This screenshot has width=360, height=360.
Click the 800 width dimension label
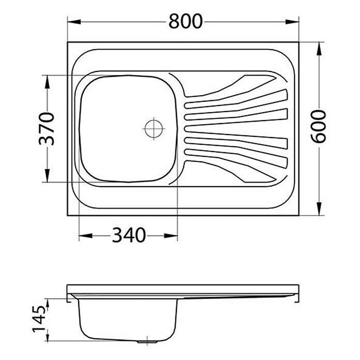coord(186,21)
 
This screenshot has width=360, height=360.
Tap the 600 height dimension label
coord(318,127)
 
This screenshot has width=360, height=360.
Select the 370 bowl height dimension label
coord(47,129)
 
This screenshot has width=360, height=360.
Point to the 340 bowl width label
coord(129,235)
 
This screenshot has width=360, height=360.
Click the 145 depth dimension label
coord(39,319)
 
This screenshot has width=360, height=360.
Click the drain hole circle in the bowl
coord(154,129)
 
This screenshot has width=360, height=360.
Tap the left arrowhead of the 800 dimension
coord(74,22)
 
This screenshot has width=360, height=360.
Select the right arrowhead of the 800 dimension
coord(292,22)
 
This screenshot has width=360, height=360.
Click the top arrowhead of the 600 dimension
coord(319,49)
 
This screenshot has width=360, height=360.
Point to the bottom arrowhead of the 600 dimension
coord(319,208)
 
